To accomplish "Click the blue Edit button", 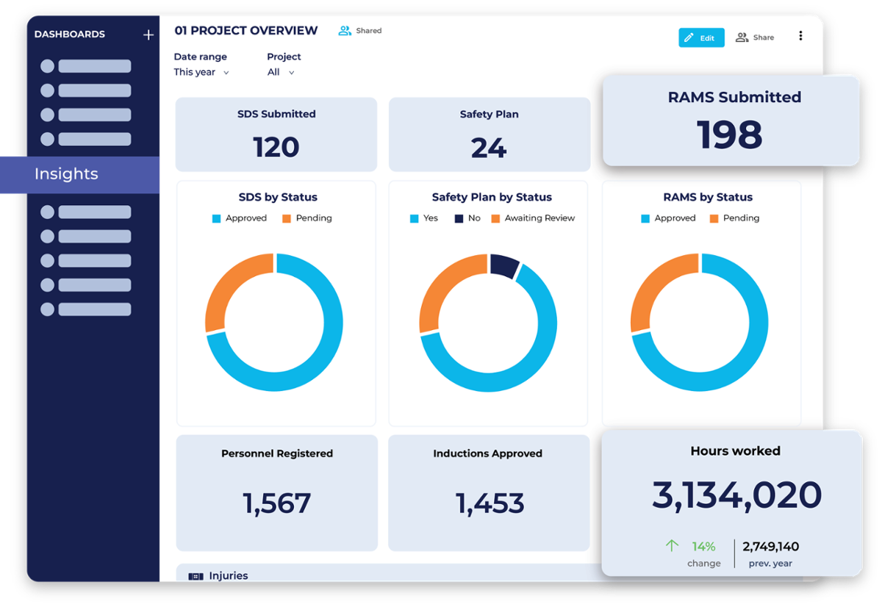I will click(700, 38).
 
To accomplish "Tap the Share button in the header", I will click(755, 37).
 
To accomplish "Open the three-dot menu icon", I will click(800, 37).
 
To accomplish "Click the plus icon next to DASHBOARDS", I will click(148, 35).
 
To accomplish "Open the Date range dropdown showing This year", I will click(201, 72).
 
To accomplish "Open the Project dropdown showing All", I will click(281, 72).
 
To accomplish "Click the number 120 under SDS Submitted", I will click(276, 147).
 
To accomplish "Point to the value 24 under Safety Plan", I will click(489, 148).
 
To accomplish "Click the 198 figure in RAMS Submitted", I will click(730, 135).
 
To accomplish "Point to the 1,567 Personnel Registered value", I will click(276, 503).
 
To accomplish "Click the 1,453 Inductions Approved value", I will click(489, 503).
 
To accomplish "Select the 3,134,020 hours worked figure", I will click(736, 495).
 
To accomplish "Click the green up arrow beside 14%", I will click(671, 546).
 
